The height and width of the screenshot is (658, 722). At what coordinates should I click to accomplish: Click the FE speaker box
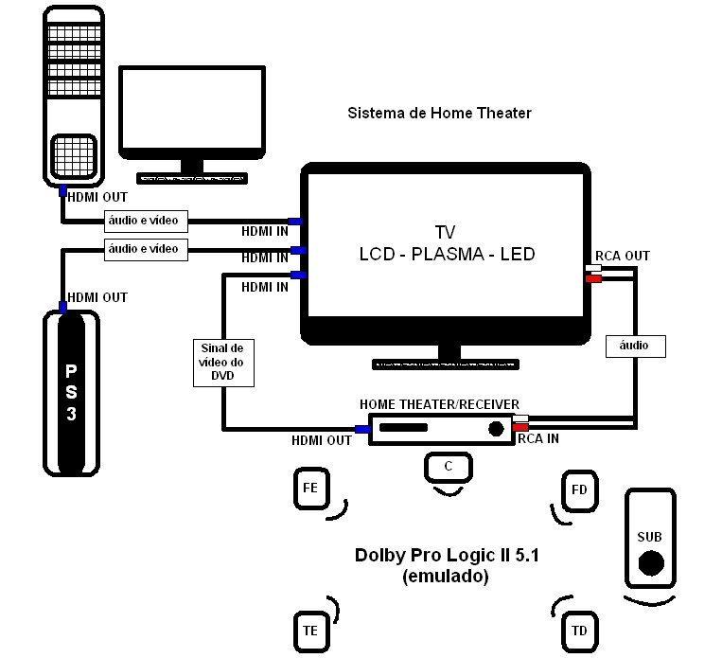pos(309,489)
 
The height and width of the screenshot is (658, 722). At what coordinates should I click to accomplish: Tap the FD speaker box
pos(580,489)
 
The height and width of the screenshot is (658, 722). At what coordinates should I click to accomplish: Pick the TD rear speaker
pos(579,631)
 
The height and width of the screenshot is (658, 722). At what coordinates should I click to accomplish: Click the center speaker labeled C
pos(448,467)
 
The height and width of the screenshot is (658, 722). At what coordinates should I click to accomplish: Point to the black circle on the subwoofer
pos(650,564)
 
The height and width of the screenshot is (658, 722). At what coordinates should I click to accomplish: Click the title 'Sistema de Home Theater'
pos(439,113)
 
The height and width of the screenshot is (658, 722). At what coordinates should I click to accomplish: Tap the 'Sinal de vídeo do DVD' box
pos(223,362)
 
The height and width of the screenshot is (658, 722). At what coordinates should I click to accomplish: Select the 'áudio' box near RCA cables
pos(634,346)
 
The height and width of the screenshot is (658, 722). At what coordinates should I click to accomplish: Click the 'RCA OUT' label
pos(622,256)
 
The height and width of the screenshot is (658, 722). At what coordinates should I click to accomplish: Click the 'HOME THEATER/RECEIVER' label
pos(439,404)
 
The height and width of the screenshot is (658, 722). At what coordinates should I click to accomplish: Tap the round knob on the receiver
pos(496,429)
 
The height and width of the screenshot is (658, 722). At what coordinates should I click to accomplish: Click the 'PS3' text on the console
pos(71,392)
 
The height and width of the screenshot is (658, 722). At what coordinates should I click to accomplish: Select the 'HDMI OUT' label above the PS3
pos(97,297)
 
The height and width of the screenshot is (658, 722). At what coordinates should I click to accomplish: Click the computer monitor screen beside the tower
pos(192,111)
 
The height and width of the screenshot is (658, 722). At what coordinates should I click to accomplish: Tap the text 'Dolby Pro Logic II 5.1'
pos(447,556)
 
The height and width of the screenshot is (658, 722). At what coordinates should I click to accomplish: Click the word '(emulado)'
pos(446,576)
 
